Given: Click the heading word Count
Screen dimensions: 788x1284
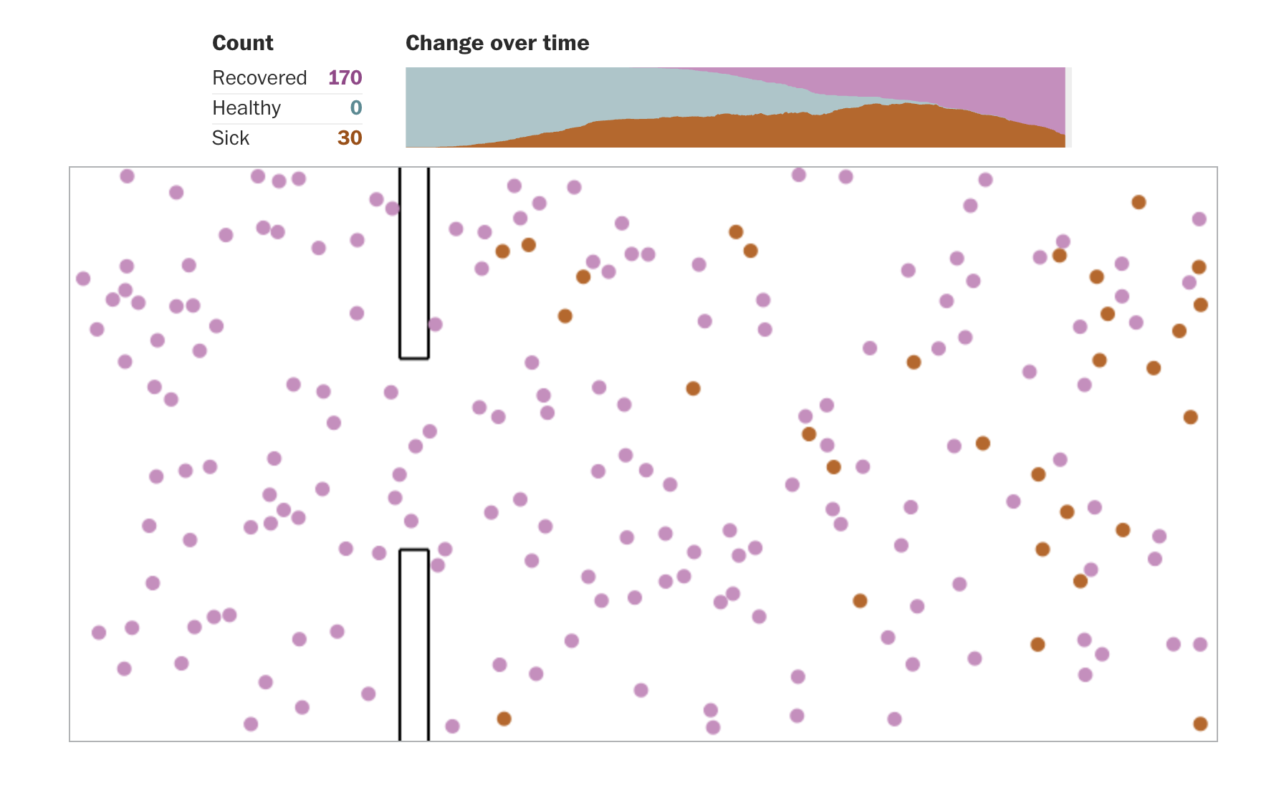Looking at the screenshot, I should tap(243, 43).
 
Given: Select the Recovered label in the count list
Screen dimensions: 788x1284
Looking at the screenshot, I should tap(259, 77).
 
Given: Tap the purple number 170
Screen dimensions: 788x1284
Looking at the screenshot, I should tap(345, 77).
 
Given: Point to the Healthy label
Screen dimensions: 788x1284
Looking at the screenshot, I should tap(246, 107).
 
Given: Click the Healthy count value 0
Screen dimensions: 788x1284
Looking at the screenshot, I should tap(356, 107).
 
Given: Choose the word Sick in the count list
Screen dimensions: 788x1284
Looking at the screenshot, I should tap(231, 138).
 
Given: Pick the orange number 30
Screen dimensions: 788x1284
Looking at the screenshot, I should tap(350, 138).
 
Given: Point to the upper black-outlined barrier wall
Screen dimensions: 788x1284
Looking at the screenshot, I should tap(414, 265).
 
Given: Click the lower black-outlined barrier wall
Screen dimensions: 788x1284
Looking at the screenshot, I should tap(414, 645).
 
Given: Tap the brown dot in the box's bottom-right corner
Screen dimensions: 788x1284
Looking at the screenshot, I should tap(1200, 724).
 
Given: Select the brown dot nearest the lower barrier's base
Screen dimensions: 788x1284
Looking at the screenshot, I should tap(504, 719).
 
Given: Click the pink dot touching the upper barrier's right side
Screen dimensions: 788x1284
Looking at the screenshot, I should tap(435, 325).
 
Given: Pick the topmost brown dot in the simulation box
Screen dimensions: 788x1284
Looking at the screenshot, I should tap(1139, 202).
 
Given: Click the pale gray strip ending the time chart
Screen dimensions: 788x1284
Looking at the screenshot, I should tap(1068, 107).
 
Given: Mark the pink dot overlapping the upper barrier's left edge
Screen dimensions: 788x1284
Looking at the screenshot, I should tap(393, 208).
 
